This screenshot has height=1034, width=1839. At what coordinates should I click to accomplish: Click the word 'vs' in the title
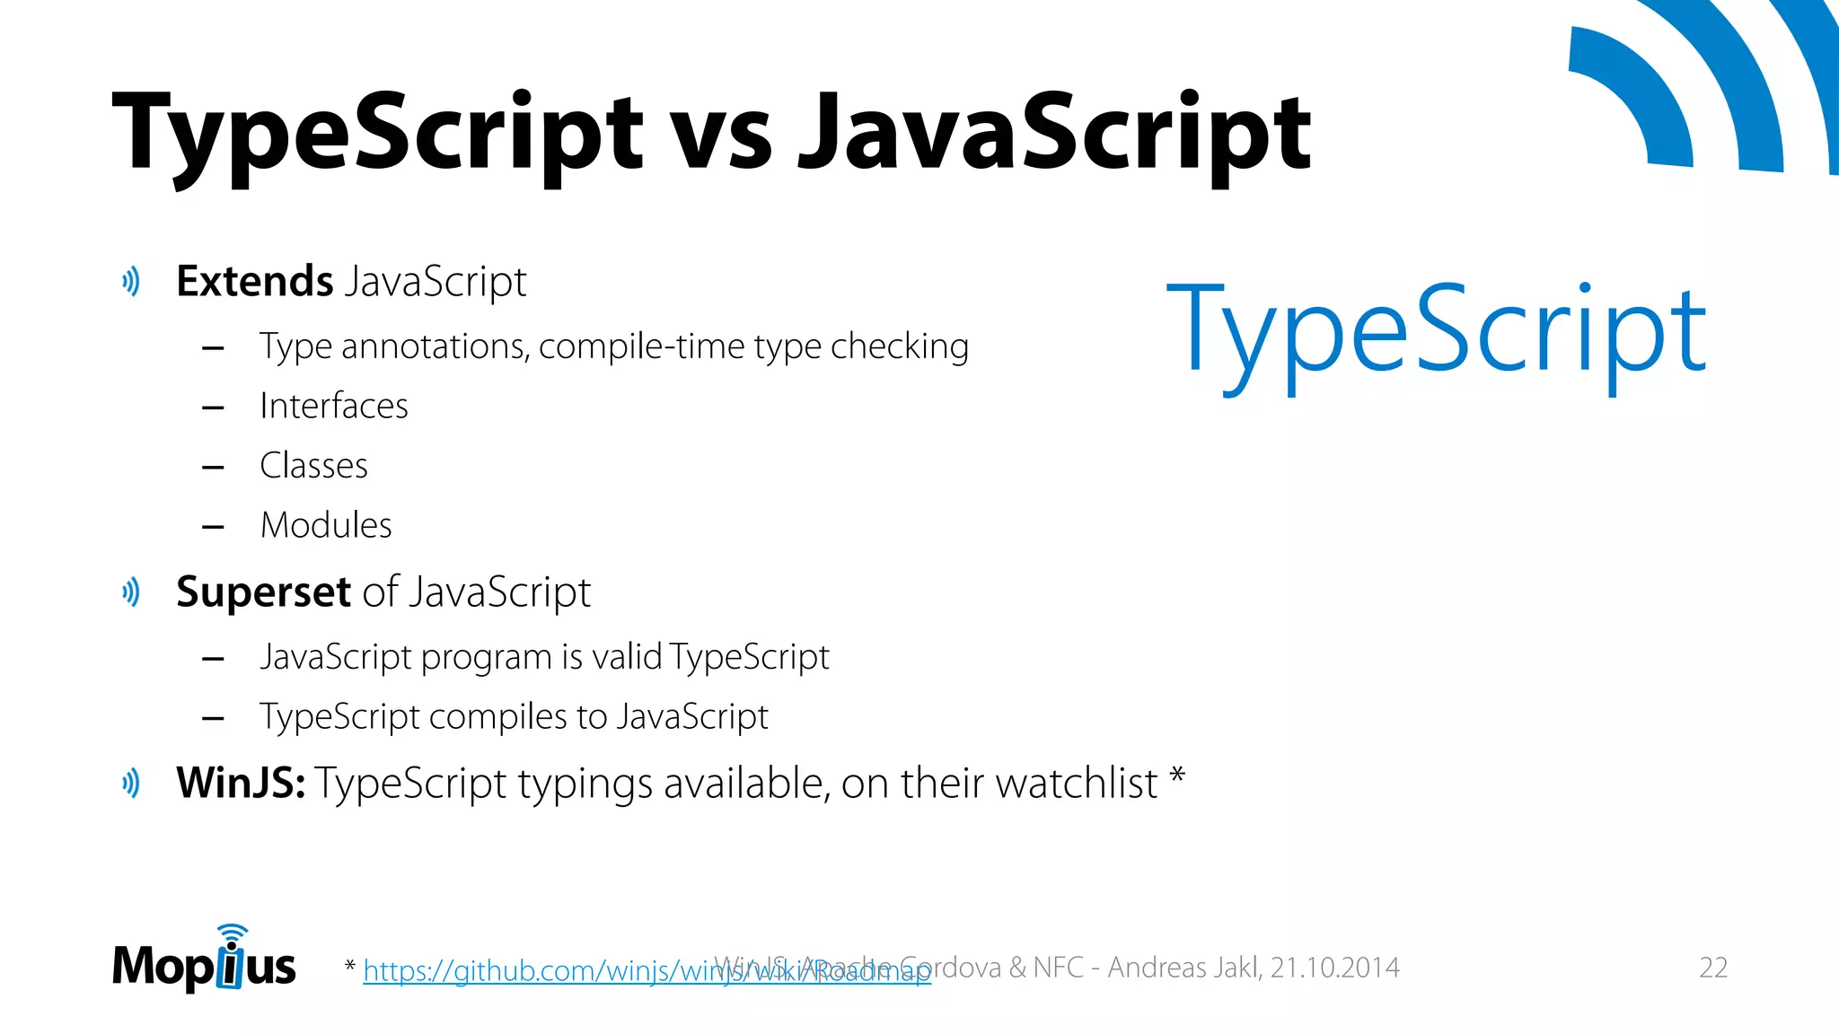[x=722, y=135]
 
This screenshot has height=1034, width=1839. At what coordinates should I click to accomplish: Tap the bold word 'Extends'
[x=255, y=281]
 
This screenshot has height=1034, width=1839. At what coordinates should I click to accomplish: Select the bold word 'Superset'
[x=263, y=592]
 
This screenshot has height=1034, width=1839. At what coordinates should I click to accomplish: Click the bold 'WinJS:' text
[x=241, y=783]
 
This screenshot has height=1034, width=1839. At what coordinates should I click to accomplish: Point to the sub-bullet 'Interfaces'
[x=333, y=406]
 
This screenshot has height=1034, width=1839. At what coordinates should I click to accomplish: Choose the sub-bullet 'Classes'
[x=313, y=466]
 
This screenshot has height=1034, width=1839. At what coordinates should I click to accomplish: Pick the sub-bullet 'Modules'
[x=326, y=525]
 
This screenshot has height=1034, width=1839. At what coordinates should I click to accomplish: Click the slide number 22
[x=1713, y=968]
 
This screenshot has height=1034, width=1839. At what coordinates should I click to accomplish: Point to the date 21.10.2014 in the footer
[x=1334, y=968]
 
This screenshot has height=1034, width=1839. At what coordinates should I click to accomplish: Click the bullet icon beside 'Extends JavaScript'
[x=131, y=282]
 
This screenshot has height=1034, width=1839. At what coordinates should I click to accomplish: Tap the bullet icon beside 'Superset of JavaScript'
[x=131, y=592]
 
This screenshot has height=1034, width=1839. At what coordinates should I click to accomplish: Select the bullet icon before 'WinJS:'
[x=131, y=783]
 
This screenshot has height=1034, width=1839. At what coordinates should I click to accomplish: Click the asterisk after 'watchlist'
[x=1177, y=775]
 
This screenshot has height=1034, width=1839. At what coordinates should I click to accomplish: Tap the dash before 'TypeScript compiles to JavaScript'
[x=213, y=718]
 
